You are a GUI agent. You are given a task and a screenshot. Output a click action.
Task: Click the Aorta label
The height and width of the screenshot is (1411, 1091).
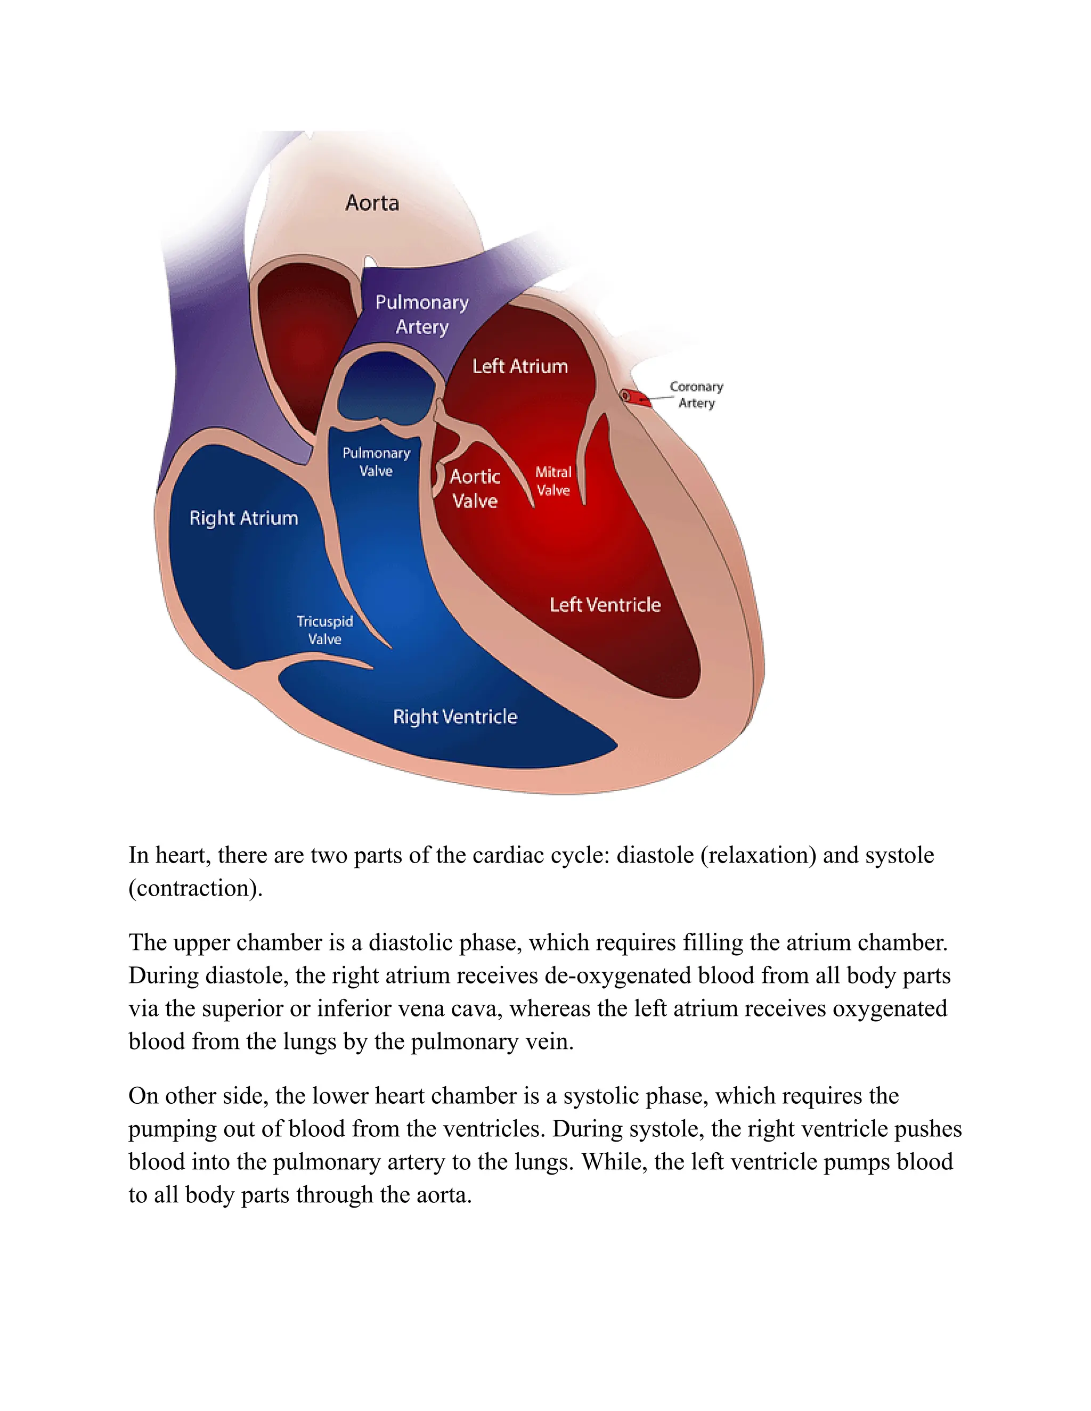(x=372, y=203)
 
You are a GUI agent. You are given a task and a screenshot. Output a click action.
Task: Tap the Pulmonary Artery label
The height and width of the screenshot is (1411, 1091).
(x=422, y=315)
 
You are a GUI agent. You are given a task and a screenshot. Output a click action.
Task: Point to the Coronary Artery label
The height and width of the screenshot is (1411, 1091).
(x=696, y=395)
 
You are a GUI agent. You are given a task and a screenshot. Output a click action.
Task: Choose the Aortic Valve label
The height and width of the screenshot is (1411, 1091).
(x=475, y=488)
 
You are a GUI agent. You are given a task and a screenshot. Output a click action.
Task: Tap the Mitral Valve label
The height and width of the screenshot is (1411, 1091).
(x=553, y=481)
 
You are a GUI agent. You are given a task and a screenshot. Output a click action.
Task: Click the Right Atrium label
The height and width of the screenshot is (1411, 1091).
(x=243, y=518)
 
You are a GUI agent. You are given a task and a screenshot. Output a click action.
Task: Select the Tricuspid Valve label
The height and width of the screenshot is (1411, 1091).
(x=324, y=630)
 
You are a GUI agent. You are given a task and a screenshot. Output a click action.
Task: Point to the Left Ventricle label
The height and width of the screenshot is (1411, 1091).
(x=605, y=605)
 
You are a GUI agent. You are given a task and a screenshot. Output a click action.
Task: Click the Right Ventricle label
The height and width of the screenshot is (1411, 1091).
(x=455, y=717)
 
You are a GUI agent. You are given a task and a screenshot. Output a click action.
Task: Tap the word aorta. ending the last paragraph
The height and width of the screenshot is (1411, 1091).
(x=444, y=1195)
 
